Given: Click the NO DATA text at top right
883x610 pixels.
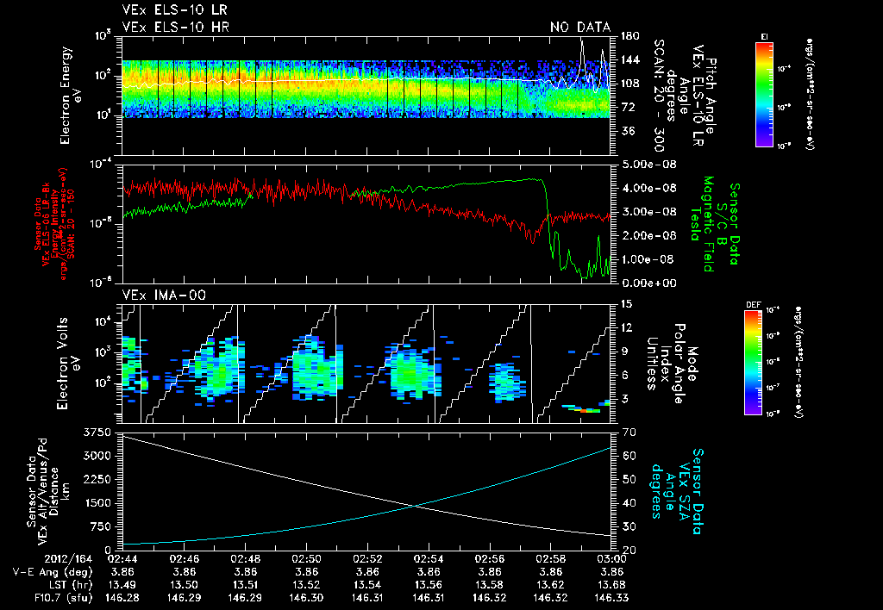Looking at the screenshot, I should [579, 28].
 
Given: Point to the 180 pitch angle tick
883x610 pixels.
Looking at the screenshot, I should [628, 36].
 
